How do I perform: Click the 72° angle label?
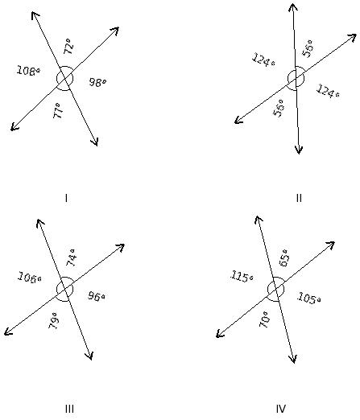click(68, 46)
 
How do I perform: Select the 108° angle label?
click(28, 71)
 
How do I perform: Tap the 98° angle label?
click(97, 82)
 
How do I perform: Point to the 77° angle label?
click(59, 110)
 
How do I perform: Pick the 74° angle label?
click(71, 257)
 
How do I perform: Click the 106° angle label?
click(30, 278)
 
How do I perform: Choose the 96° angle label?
click(96, 296)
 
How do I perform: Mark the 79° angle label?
click(53, 320)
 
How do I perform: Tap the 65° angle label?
click(284, 257)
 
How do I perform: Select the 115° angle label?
click(242, 277)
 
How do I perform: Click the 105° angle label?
click(308, 299)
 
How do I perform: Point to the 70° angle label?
click(264, 319)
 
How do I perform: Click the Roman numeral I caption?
click(66, 198)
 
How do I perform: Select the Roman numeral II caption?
click(299, 198)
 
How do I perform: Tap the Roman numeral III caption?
click(69, 409)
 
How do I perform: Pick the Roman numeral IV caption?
click(281, 409)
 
